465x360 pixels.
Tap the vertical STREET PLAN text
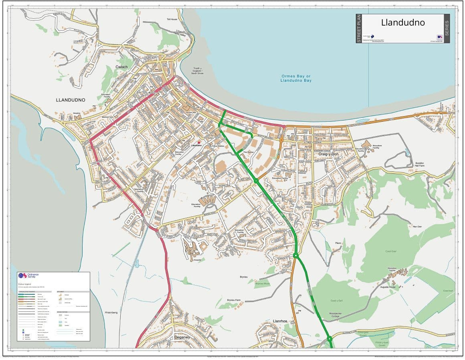coord(359,28)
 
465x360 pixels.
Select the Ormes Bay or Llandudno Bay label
coord(296,78)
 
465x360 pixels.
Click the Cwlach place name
coord(121,67)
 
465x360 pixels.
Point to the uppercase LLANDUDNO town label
coord(71,100)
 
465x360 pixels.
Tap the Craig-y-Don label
coord(329,154)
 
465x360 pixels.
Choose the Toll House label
coord(172,19)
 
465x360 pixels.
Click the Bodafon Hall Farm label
coord(420,165)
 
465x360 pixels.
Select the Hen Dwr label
coord(417,227)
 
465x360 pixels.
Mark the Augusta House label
coord(388,287)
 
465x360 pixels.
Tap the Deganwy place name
coord(183,337)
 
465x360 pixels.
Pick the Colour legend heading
coord(24,284)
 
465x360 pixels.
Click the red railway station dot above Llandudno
coord(198,142)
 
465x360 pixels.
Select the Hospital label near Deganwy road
coord(197,259)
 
